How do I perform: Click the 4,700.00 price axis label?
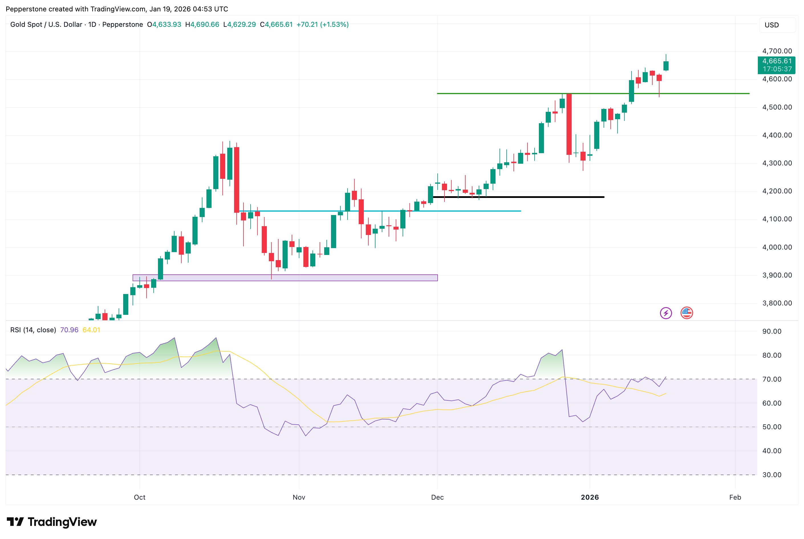tap(777, 51)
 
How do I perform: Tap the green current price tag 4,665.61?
tap(777, 61)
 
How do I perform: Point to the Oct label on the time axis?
tap(139, 497)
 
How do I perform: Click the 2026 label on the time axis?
tap(590, 497)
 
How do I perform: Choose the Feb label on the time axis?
tap(735, 497)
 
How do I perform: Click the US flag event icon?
tap(687, 313)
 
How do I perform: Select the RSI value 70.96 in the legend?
tap(69, 330)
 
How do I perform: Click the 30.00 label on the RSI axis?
tap(772, 475)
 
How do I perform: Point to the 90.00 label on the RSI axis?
tap(772, 331)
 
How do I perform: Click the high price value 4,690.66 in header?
tap(205, 25)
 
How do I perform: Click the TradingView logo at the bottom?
tap(52, 522)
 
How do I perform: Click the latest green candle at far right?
tap(666, 66)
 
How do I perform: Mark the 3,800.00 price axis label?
tap(777, 303)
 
